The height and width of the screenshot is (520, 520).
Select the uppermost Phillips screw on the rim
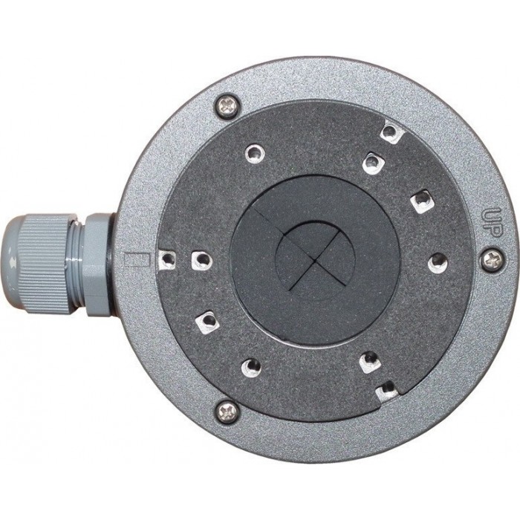pos(227,105)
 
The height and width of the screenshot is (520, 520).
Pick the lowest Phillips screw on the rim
pos(227,412)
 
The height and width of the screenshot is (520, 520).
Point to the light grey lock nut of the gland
pos(97,264)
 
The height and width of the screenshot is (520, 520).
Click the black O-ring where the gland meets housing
pos(111,264)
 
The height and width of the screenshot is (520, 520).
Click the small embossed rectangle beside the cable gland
pos(136,260)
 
